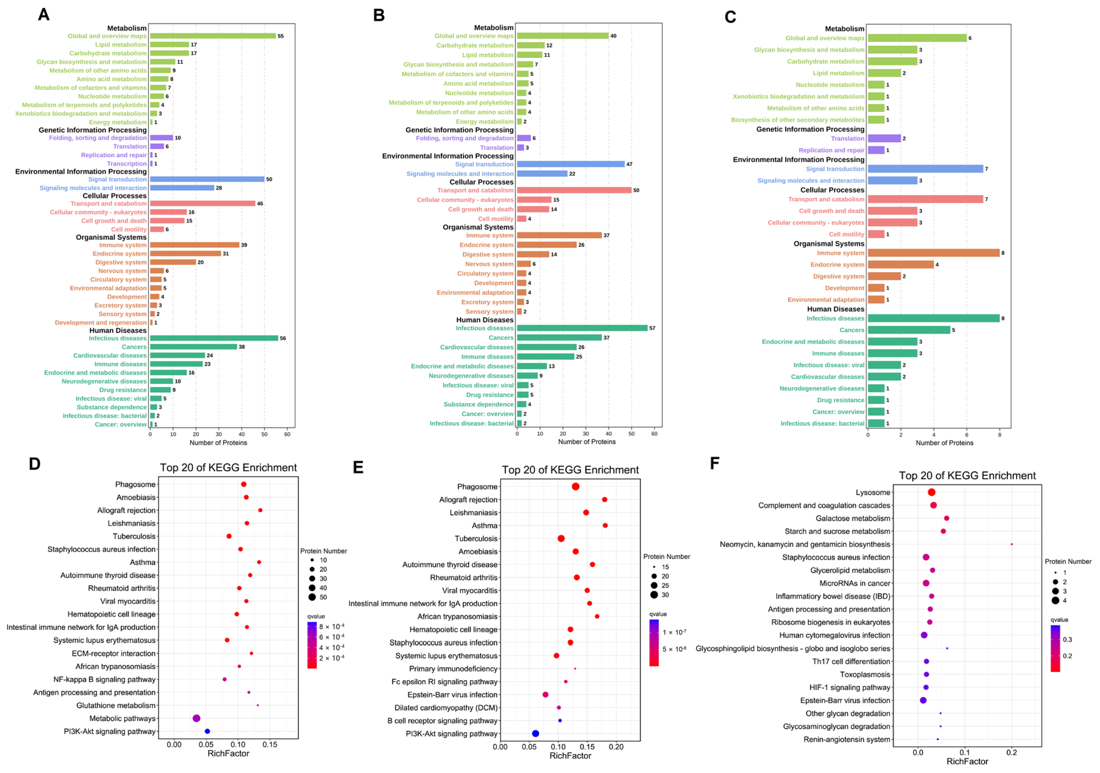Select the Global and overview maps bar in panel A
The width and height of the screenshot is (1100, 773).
pyautogui.click(x=213, y=36)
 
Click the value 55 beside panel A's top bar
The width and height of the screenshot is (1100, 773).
pyautogui.click(x=281, y=36)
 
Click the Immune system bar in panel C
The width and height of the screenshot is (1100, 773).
pyautogui.click(x=933, y=253)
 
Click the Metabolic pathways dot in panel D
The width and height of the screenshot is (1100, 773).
pyautogui.click(x=196, y=718)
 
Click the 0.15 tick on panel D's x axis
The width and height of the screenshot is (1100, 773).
pyautogui.click(x=270, y=745)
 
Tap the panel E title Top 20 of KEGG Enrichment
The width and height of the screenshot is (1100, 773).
pyautogui.click(x=570, y=470)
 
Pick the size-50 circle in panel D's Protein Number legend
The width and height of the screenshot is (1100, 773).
pyautogui.click(x=312, y=597)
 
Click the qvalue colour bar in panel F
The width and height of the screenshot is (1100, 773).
pyautogui.click(x=1055, y=649)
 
